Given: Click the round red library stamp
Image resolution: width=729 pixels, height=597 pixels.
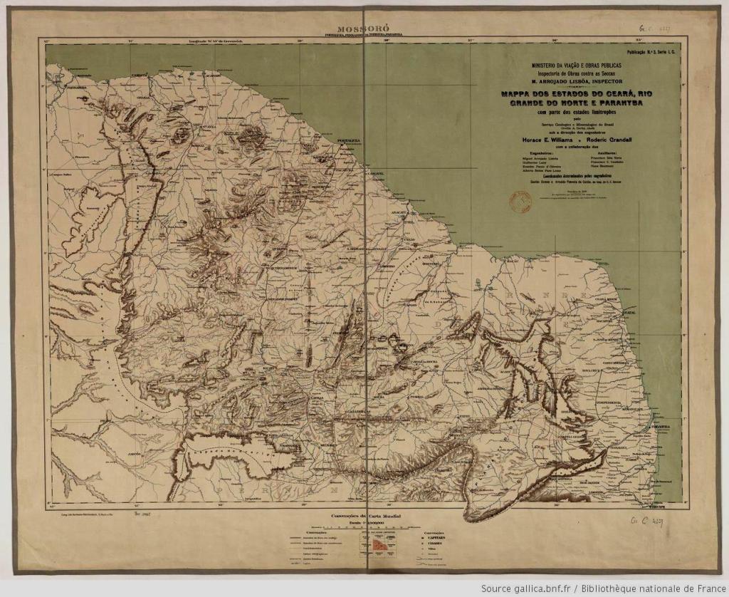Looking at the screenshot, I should coord(520,204).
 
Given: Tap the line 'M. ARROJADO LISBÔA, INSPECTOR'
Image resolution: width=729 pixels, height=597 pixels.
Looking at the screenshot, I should coord(576,81).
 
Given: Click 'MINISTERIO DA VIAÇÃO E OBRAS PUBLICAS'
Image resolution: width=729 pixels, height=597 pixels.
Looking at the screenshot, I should coord(576,65).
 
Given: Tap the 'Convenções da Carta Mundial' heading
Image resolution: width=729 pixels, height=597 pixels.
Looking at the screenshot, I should coord(362,514).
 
